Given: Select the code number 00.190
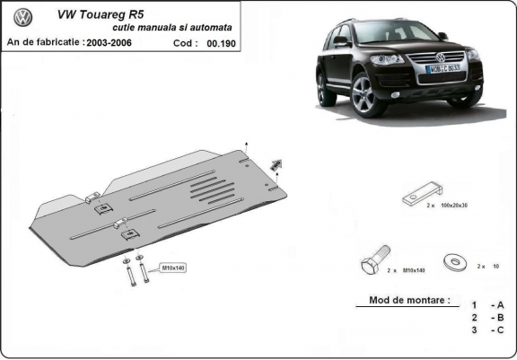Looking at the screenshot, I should (x=220, y=42).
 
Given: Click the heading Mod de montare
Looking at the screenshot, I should (x=409, y=301).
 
